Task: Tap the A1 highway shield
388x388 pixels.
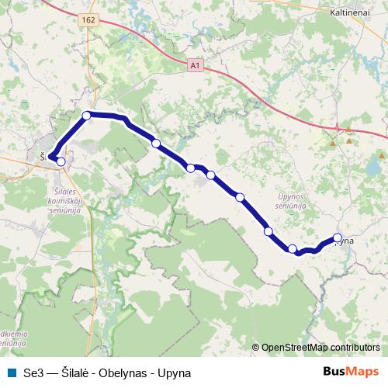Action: click(x=194, y=67)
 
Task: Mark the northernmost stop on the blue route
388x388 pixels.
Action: click(x=87, y=115)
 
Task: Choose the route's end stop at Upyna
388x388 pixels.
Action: click(x=338, y=238)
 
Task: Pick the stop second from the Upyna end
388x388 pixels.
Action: click(x=293, y=249)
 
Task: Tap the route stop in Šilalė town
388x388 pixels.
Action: click(x=61, y=161)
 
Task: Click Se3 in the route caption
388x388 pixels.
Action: click(x=33, y=372)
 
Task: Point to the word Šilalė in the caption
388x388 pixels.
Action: click(x=76, y=372)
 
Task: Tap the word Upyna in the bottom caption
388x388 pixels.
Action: click(x=175, y=372)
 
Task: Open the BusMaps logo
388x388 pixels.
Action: click(x=351, y=372)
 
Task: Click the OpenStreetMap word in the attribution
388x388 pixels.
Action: click(x=294, y=348)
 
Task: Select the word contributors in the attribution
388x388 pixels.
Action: click(x=355, y=348)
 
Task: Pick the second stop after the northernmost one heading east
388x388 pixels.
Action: click(x=190, y=168)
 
